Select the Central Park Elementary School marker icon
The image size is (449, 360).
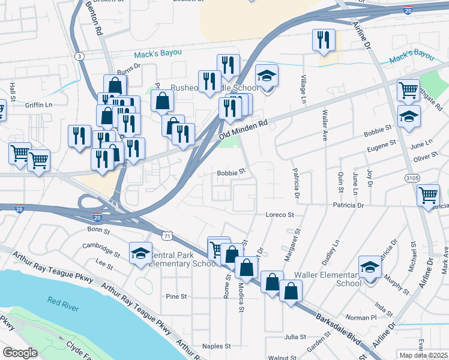140,252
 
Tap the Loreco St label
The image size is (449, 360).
280,214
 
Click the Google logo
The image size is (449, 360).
20,353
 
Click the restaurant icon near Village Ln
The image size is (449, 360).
324,40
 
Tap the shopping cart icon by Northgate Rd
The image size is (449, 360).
408,90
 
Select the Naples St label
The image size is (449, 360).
216,346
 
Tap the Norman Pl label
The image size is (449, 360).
364,316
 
